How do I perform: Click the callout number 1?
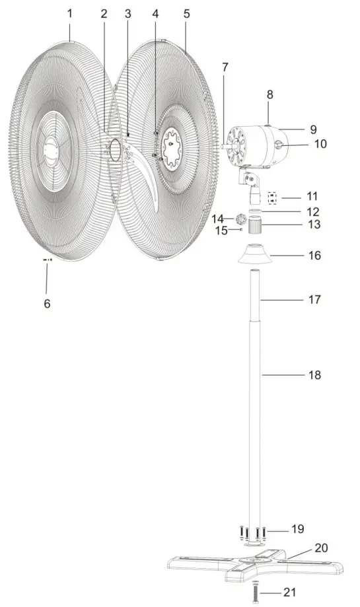tap(71, 13)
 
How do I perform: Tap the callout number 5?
tap(187, 13)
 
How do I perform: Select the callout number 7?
tap(225, 67)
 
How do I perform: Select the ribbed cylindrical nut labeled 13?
tap(255, 226)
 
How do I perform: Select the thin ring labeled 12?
tap(255, 211)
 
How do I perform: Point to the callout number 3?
tap(127, 14)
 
